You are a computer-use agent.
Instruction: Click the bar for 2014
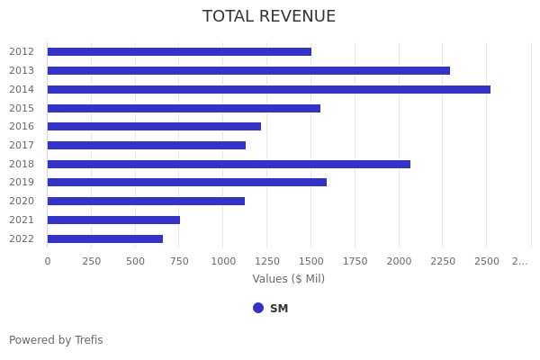268,89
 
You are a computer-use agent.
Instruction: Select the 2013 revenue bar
248,70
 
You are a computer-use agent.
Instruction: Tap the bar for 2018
229,164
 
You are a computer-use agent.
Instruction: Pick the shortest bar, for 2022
105,238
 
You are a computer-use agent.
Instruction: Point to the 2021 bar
113,220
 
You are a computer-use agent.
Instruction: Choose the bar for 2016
154,126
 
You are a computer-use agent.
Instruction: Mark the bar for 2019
186,182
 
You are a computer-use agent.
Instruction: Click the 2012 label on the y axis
22,51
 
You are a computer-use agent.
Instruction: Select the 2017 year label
22,145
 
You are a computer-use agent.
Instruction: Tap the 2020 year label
22,201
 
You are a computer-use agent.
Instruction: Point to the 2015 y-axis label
22,108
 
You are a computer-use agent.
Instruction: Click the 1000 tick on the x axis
223,261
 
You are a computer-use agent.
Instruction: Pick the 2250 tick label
443,261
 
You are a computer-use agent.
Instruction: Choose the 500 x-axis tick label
135,261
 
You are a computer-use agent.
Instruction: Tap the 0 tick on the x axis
48,261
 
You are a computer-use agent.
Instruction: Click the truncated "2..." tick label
520,261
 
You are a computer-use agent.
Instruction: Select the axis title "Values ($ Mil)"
288,279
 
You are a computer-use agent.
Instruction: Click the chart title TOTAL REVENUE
269,17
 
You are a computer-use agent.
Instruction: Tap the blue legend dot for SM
258,308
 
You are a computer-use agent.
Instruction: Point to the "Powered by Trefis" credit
56,340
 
